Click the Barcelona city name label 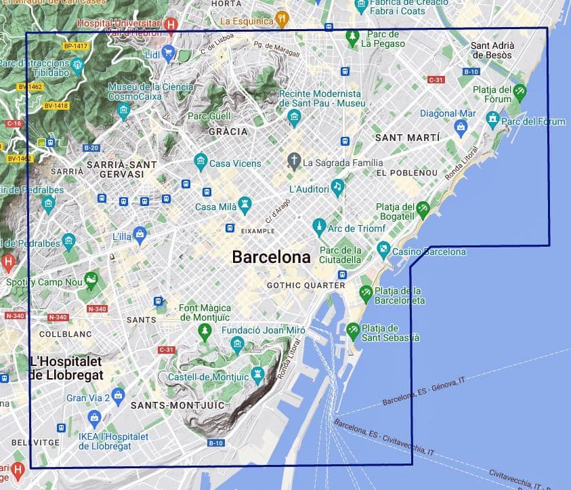tap(271, 258)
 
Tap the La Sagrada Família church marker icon tap(294, 161)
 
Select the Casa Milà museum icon tap(245, 205)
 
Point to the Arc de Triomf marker tap(319, 227)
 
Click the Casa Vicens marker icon tap(200, 162)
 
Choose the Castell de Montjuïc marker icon tap(257, 374)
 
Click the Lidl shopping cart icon tap(168, 52)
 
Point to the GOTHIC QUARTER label tap(305, 285)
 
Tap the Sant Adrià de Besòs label tap(492, 50)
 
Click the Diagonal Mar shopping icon tap(461, 126)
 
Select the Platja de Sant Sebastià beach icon tap(353, 330)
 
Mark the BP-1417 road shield tap(76, 45)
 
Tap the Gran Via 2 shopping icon tap(119, 394)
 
